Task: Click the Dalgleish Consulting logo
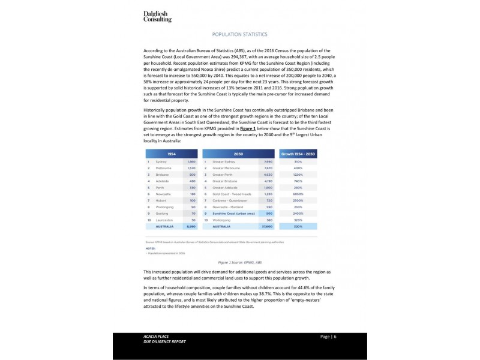157,16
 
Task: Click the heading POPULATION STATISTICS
240,35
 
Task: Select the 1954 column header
172,154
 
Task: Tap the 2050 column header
239,154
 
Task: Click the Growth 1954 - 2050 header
298,154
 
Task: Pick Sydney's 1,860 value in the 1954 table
191,162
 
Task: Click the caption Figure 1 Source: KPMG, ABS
239,263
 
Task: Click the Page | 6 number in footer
328,336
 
